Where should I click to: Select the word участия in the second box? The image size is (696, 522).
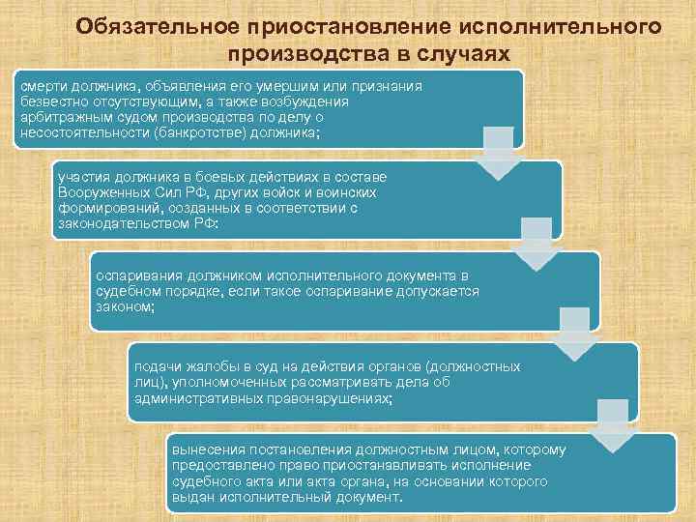coord(83,177)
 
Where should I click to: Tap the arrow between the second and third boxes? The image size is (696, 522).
coord(537,244)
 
